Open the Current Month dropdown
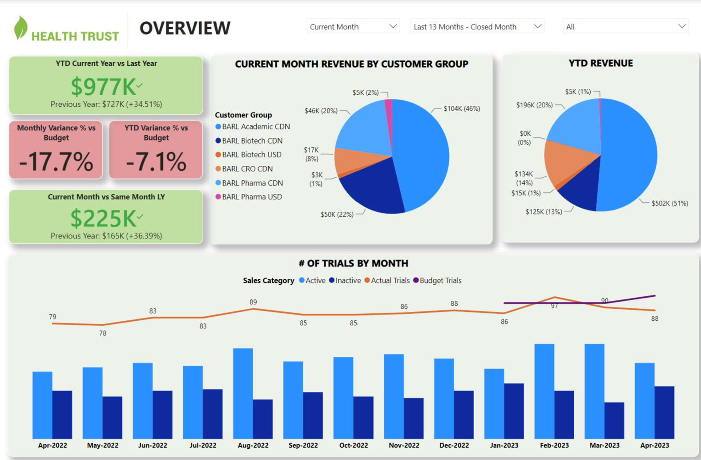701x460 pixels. (353, 27)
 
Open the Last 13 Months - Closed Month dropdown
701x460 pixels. (477, 27)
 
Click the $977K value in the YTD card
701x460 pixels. (103, 87)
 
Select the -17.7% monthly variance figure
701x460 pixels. (56, 161)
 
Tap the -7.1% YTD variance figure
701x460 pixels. (156, 161)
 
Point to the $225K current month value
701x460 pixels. (103, 218)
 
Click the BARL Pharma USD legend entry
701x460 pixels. (252, 197)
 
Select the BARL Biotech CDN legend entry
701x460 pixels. (252, 141)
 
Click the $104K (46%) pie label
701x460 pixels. (462, 109)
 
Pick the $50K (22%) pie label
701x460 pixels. (337, 214)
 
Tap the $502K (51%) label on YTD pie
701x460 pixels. (669, 203)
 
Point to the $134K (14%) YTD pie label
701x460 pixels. (524, 178)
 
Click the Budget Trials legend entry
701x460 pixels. (440, 280)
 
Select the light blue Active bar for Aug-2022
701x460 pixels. (243, 393)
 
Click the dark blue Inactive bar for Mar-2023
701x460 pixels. (614, 420)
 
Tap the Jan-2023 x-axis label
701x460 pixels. (504, 445)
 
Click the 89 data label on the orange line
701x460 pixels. (253, 302)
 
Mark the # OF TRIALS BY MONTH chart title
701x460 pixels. (353, 263)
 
